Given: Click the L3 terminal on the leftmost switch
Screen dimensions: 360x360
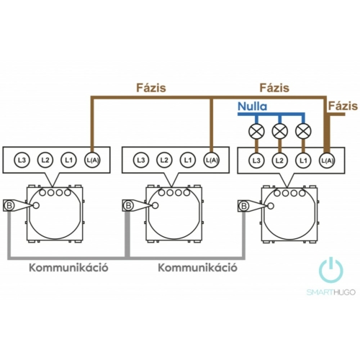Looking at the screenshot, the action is tap(22, 160).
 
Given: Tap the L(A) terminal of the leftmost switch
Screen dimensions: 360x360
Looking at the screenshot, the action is tap(92, 160).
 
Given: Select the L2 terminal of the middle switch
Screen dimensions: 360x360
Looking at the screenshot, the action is tap(164, 160).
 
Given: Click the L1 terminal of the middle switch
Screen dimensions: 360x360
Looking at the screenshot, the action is tap(188, 160).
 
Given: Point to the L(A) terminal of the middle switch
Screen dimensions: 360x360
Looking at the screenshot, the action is tap(211, 160).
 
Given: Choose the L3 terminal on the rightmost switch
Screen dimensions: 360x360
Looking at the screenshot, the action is tap(256, 161).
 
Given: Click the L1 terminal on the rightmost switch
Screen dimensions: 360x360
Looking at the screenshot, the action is tap(303, 161).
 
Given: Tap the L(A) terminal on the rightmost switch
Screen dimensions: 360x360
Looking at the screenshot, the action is tap(327, 161).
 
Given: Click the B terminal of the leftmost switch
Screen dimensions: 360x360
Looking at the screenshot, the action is tap(9, 205).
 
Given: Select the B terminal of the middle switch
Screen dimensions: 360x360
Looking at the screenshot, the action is tap(128, 205).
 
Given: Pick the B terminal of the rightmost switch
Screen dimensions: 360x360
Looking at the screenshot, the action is tap(243, 206).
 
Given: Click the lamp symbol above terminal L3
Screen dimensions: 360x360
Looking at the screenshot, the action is tap(256, 131).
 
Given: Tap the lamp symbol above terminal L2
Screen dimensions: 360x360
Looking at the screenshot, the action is tap(279, 131).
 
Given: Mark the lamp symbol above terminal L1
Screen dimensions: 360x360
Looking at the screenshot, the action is tap(303, 131).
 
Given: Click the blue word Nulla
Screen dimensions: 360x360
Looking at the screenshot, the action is tap(252, 107).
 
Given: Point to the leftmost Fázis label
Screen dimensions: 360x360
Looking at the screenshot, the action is tap(151, 88).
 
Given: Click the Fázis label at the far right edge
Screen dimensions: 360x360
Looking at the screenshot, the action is tap(343, 106).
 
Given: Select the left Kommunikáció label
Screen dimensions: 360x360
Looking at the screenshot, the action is tap(68, 267).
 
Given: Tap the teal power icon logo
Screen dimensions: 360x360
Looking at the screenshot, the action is tap(331, 270).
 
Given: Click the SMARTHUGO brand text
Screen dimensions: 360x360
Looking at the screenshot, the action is tap(331, 292).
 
